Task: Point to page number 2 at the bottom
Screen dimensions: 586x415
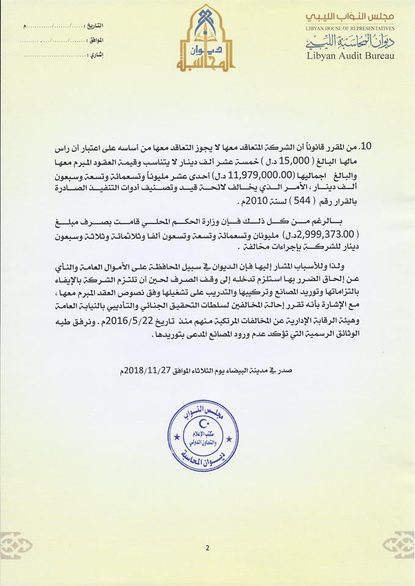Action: pyautogui.click(x=207, y=548)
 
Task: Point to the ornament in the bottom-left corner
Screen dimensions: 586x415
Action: pyautogui.click(x=17, y=545)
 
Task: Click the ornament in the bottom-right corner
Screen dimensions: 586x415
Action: pyautogui.click(x=398, y=545)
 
